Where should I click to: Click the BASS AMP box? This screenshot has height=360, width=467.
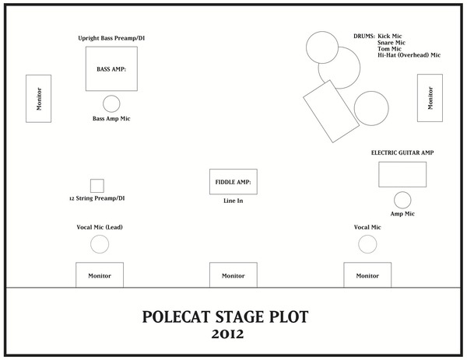coord(111,69)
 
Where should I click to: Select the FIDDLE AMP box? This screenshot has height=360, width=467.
coord(233,182)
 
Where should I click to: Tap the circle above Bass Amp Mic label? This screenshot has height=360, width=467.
coord(111,103)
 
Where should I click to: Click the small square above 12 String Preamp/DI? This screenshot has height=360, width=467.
coord(97,186)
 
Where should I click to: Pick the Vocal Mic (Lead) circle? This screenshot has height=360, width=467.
coord(100,244)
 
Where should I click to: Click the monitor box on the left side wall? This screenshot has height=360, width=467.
coord(38,98)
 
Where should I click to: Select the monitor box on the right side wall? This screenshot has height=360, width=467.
coord(430,98)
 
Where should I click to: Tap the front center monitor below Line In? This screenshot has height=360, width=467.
coord(233,274)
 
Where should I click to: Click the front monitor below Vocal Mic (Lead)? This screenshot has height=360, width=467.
coord(99,274)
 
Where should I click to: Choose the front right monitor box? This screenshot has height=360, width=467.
coord(367,274)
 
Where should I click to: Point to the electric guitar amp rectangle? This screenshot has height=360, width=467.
coord(402,175)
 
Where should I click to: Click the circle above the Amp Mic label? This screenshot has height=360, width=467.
coord(402,199)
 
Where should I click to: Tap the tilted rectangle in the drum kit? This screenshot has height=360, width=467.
coord(328,111)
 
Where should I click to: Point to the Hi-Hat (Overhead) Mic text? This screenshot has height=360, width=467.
coord(409,55)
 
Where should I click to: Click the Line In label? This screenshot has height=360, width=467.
coord(233,201)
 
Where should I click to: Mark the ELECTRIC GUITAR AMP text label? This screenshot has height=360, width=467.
coord(402,153)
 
